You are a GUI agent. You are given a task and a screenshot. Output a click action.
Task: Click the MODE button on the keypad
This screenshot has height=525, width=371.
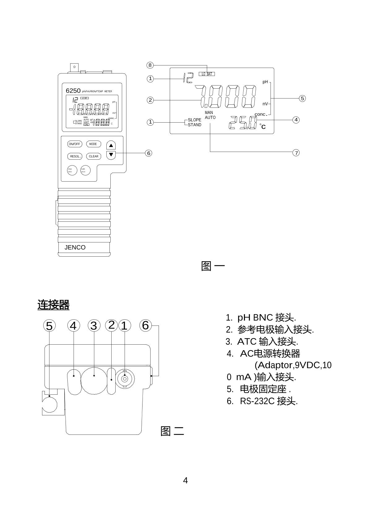[93, 144]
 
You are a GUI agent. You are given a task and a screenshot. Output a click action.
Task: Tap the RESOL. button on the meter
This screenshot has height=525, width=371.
[75, 156]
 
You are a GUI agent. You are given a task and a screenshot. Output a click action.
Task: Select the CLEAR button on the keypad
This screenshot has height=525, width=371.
[93, 156]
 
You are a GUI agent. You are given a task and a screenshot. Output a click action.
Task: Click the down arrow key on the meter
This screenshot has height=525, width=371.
[111, 154]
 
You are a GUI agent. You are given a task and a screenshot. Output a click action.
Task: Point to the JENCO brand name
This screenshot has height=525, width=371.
[75, 247]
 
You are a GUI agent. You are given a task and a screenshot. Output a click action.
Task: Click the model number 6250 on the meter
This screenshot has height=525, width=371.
[73, 91]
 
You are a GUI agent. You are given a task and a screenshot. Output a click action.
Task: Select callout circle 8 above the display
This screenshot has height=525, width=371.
[150, 65]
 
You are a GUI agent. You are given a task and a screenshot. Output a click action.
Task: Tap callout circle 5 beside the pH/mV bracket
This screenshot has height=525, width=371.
[302, 99]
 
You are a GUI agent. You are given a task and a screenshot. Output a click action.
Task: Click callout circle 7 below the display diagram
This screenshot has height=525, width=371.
[296, 153]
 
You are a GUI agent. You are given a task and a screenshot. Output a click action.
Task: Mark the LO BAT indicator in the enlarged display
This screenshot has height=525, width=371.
[207, 74]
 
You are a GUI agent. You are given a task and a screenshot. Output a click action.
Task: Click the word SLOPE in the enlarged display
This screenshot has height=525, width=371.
[194, 120]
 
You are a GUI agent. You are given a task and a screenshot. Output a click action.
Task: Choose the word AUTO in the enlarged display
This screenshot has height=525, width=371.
[210, 118]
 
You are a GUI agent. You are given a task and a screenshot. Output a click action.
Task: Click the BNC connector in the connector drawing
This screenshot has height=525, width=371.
[125, 378]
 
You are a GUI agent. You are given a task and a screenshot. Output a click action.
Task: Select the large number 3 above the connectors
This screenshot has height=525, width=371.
[94, 325]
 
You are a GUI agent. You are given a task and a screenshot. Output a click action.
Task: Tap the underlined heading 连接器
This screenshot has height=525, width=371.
[53, 305]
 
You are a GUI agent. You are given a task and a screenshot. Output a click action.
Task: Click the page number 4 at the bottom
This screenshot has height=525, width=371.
[185, 481]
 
